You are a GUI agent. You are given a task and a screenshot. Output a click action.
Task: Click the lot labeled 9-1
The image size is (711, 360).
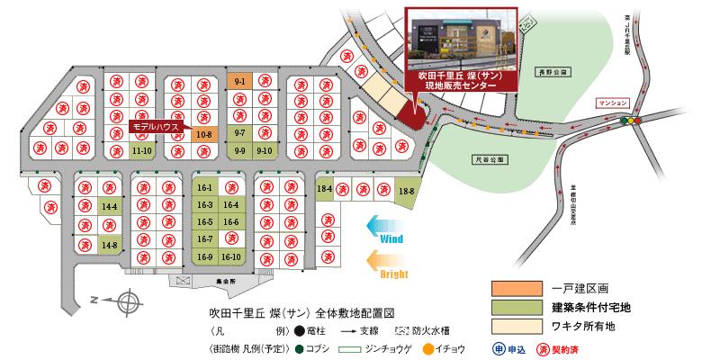click(x=240, y=82)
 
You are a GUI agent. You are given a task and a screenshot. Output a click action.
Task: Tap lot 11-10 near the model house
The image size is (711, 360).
click(x=141, y=151)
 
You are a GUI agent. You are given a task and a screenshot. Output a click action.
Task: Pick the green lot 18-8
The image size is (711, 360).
click(x=407, y=190)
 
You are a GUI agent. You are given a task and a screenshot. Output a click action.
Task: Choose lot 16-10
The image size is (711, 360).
click(x=232, y=256)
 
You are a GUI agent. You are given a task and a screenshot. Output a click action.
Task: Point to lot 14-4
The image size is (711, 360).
click(x=111, y=207)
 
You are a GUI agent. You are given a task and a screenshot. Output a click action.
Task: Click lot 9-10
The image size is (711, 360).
click(x=265, y=151)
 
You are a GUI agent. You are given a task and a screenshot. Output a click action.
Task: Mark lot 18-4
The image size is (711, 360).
click(x=325, y=189)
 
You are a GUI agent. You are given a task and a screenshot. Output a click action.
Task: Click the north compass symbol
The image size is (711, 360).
click(x=127, y=301)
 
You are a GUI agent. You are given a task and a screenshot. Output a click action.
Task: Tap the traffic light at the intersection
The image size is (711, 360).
click(x=636, y=120)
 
